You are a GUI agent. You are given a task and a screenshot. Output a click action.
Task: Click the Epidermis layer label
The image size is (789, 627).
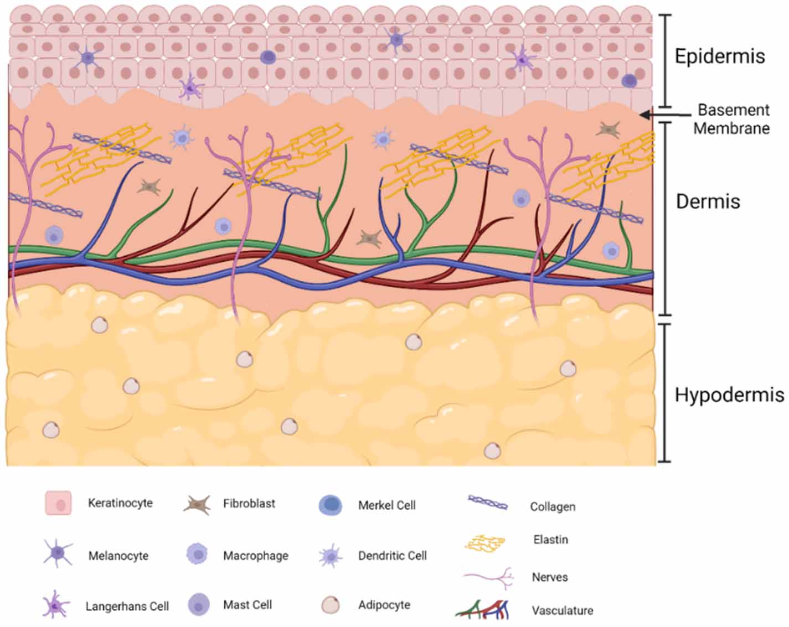(719, 56)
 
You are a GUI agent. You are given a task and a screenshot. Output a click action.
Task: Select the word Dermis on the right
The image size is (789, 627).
(708, 201)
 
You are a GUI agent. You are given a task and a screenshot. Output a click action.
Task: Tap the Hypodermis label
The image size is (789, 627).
(729, 395)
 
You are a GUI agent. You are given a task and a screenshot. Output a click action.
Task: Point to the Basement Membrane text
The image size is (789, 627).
(732, 119)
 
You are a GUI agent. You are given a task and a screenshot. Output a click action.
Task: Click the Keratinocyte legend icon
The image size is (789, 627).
(58, 503)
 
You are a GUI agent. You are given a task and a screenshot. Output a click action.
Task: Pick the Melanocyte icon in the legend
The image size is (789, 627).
(58, 553)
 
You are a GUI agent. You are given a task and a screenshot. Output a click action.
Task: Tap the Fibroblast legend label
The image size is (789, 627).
(249, 504)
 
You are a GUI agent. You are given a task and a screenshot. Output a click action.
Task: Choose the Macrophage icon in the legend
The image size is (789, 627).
(197, 554)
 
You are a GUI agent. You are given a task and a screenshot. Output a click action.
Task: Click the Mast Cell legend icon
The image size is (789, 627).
(198, 605)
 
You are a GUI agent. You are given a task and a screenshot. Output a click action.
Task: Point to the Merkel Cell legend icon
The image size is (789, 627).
(331, 505)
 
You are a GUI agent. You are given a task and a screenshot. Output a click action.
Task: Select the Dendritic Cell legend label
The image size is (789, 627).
(392, 556)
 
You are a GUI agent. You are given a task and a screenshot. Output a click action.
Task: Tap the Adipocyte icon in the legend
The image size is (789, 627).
(331, 605)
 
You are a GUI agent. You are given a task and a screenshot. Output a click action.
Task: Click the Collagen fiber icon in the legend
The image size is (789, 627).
(487, 502)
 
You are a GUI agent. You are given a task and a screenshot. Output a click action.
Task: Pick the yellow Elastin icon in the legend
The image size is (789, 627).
(486, 543)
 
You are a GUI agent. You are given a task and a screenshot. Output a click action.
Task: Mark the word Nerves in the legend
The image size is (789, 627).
(549, 577)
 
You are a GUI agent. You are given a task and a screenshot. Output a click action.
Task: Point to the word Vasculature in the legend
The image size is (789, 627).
(562, 611)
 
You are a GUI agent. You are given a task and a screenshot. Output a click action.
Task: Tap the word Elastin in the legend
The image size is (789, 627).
(550, 540)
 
